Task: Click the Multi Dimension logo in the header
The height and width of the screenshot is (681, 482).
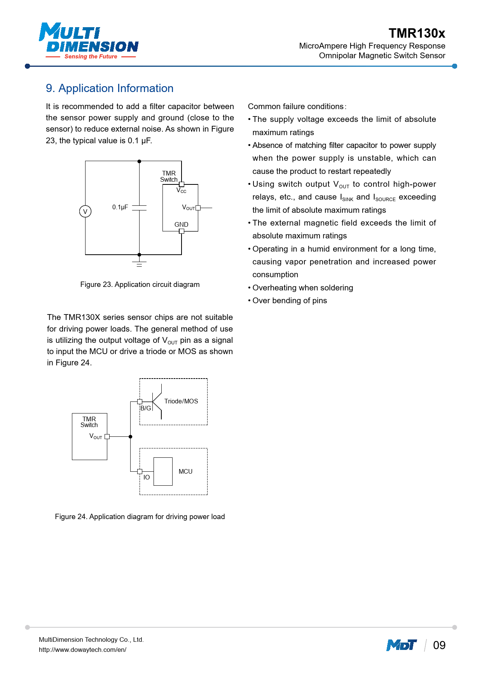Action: click(89, 41)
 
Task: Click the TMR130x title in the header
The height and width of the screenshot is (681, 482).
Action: click(417, 33)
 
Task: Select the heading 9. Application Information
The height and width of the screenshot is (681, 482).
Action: click(110, 89)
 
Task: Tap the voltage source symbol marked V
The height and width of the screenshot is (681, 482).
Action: click(85, 212)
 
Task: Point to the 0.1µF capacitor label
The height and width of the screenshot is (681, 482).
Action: click(120, 207)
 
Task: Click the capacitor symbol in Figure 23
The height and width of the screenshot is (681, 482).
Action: click(139, 208)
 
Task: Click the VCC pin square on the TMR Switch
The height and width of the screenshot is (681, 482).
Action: click(182, 184)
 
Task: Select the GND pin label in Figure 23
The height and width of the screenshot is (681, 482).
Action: click(181, 224)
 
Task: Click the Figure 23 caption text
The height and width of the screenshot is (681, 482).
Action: click(140, 285)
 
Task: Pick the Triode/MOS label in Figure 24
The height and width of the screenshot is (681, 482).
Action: click(181, 401)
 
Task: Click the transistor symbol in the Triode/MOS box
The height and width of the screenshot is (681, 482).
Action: click(157, 402)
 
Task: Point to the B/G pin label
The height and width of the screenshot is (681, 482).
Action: click(146, 408)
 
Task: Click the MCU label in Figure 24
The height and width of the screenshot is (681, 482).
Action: click(185, 471)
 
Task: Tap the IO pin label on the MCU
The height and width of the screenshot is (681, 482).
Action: click(147, 477)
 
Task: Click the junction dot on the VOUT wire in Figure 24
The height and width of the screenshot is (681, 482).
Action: click(131, 437)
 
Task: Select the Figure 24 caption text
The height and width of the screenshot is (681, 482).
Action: click(140, 517)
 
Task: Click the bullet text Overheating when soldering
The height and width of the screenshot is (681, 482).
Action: click(303, 288)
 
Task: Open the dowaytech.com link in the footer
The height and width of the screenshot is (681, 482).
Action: click(82, 650)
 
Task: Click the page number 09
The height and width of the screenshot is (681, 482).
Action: click(439, 645)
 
